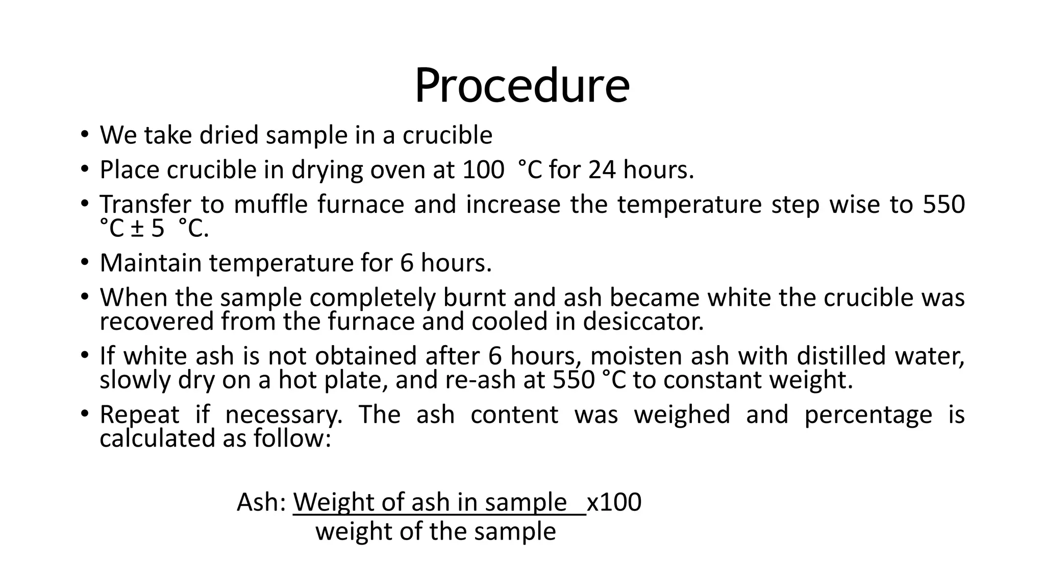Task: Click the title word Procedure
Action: [x=522, y=85]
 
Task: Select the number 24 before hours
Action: [x=602, y=169]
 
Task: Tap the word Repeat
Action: [x=139, y=414]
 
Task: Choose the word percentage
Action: [x=868, y=414]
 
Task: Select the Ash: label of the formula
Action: [x=261, y=502]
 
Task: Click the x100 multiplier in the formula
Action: [x=614, y=502]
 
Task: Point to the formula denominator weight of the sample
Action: [x=435, y=531]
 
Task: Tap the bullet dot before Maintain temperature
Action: [x=84, y=263]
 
